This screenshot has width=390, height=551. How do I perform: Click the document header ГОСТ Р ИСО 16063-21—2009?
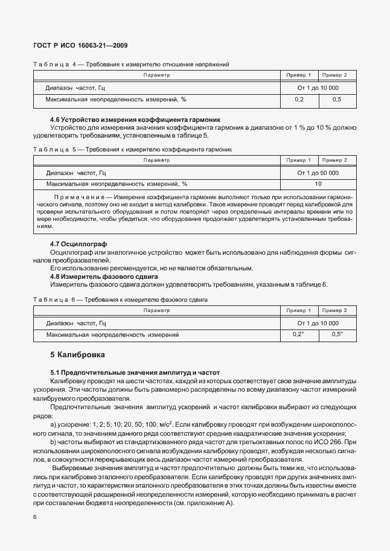pyautogui.click(x=80, y=46)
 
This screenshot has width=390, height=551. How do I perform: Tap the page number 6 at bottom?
pyautogui.click(x=34, y=517)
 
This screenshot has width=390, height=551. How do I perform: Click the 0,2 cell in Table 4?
pyautogui.click(x=298, y=100)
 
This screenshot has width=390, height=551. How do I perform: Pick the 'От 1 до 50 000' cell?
pyautogui.click(x=318, y=173)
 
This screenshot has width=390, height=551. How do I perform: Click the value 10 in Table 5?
pyautogui.click(x=318, y=183)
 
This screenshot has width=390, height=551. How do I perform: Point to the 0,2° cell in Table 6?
pyautogui.click(x=298, y=334)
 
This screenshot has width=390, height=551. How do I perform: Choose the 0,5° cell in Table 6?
pyautogui.click(x=336, y=334)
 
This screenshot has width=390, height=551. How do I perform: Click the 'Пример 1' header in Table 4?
pyautogui.click(x=298, y=75)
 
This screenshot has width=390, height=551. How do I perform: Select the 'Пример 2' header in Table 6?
pyautogui.click(x=334, y=310)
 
